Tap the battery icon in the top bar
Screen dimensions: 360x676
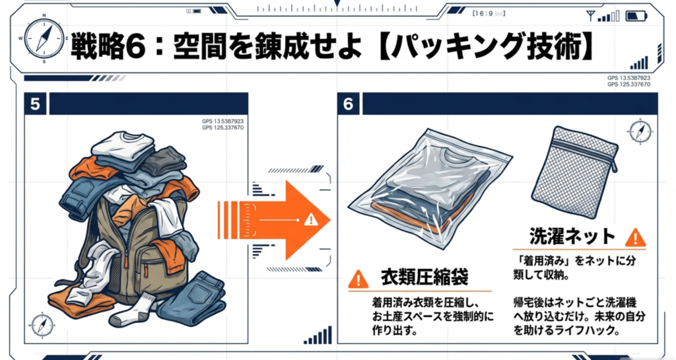pos(637,16)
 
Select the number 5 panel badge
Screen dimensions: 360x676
pos(35,104)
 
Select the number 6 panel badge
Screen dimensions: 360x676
pos(349,104)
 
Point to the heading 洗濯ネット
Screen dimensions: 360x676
pos(572,236)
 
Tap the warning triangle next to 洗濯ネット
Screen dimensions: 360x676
pos(635,237)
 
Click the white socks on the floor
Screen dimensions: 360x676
pos(135,310)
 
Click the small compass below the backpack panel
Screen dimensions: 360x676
pos(40,325)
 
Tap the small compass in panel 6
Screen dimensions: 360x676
pos(640,129)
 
